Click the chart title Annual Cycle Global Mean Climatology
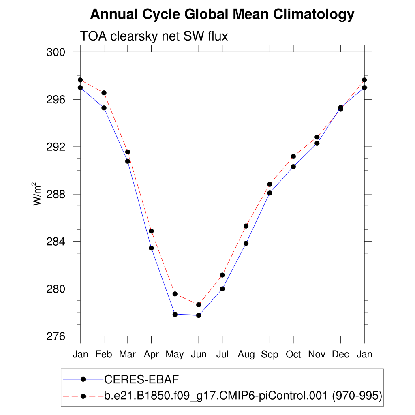(x=222, y=15)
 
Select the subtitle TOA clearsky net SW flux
(x=154, y=36)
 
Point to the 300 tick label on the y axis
(x=57, y=52)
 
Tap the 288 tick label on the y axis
(x=57, y=194)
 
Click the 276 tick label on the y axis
(x=57, y=336)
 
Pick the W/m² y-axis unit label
(x=37, y=194)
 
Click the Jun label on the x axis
(x=199, y=355)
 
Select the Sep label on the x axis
(x=270, y=355)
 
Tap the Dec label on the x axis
(x=340, y=355)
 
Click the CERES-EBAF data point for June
(x=199, y=315)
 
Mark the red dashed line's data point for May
(x=175, y=294)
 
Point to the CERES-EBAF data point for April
(x=151, y=248)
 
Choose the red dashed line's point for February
(x=104, y=93)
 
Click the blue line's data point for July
(x=222, y=289)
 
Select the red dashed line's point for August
(x=246, y=226)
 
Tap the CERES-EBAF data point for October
(x=293, y=167)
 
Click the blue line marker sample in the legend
(x=83, y=379)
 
